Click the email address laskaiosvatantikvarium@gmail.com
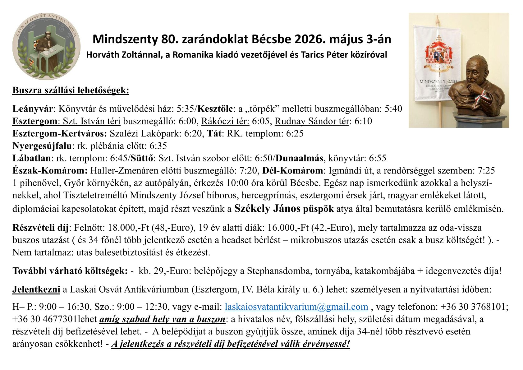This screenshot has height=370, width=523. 296,307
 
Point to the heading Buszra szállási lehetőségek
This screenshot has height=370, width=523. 71,90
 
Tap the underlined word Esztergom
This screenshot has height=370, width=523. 34,121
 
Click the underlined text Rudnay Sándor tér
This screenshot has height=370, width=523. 311,121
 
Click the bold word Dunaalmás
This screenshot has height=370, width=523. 299,158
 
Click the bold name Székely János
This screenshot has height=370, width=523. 267,208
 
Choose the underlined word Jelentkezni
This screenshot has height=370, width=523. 36,289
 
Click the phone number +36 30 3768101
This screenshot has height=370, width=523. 473,307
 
